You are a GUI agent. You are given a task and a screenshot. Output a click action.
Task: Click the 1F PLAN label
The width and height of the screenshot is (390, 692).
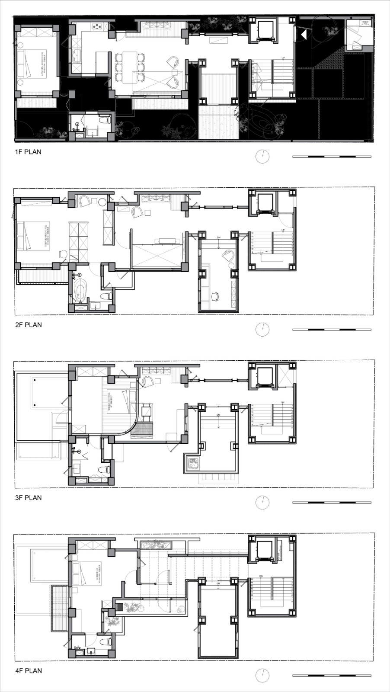coord(28,152)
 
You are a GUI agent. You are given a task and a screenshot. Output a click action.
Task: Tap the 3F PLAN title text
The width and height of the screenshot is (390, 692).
coord(28,498)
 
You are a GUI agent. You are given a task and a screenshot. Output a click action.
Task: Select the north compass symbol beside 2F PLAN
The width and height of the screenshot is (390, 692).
coord(262,330)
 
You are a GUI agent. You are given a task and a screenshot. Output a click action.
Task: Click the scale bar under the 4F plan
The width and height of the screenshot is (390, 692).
coord(332,676)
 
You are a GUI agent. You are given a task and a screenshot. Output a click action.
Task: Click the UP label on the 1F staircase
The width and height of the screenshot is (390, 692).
coord(283,58)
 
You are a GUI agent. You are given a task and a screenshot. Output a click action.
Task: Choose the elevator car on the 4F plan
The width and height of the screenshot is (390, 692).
coord(264,549)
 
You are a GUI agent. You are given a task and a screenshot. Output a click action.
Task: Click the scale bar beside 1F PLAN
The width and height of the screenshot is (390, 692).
coord(332,157)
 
